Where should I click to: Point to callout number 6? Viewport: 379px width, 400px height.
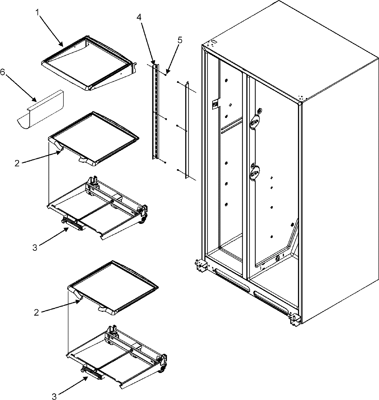[x=3, y=72]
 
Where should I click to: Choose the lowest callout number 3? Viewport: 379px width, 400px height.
[x=54, y=395]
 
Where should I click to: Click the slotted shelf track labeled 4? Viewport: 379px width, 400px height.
[x=155, y=112]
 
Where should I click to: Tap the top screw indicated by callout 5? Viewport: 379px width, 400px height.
[x=165, y=75]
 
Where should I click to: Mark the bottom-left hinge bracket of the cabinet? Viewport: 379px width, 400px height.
[x=200, y=265]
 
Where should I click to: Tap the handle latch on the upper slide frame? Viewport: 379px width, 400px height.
[x=73, y=224]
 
